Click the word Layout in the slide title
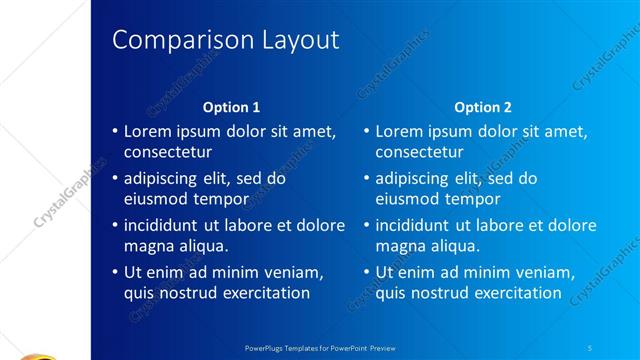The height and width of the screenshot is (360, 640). [x=299, y=40]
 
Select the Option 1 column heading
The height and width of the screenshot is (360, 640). [x=231, y=107]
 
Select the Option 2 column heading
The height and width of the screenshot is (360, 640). [x=482, y=107]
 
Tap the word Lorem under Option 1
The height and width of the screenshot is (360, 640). [x=148, y=131]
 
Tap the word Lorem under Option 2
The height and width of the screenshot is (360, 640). [x=400, y=131]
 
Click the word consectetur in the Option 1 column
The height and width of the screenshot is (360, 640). [x=168, y=153]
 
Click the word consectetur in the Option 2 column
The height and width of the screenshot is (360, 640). [x=420, y=153]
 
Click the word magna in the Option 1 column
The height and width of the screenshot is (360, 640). [x=148, y=246]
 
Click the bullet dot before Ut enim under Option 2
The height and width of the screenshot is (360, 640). [x=367, y=272]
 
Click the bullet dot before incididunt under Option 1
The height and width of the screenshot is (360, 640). [x=115, y=225]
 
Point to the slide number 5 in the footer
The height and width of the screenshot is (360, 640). [x=590, y=348]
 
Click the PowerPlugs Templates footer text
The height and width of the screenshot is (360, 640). [x=320, y=348]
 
